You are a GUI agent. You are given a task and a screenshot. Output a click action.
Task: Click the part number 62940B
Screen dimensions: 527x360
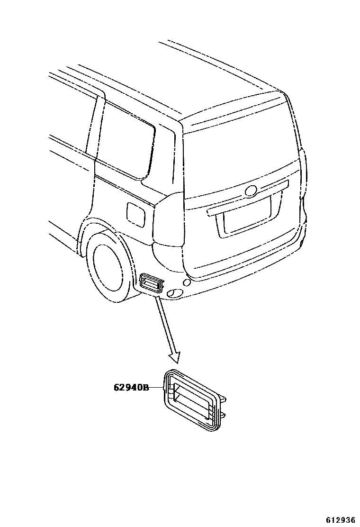131,388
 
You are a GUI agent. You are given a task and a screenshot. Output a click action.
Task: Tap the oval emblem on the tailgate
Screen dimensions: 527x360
251,191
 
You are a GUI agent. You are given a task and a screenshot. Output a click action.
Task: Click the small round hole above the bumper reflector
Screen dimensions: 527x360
187,283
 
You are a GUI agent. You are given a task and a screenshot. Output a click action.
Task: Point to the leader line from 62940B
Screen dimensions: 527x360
156,388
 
